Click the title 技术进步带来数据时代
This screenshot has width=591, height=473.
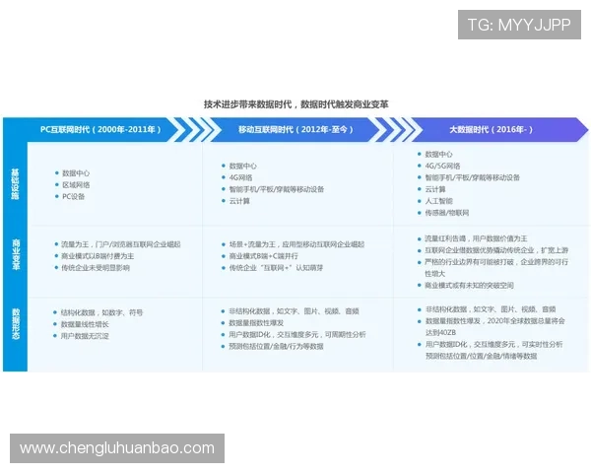click(295, 103)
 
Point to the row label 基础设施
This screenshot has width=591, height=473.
click(15, 183)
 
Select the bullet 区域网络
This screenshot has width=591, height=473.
click(76, 184)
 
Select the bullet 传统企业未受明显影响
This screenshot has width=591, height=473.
click(96, 267)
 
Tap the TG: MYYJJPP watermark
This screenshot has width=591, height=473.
click(519, 24)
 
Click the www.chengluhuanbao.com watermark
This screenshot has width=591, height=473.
click(117, 448)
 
